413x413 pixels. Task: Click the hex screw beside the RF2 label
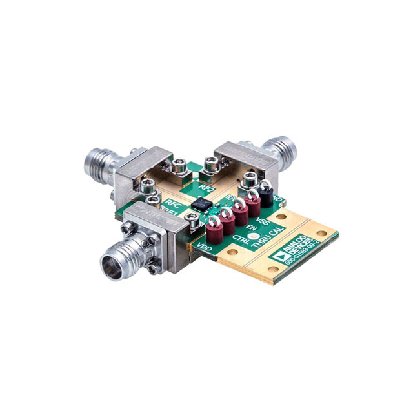(x=209, y=165)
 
